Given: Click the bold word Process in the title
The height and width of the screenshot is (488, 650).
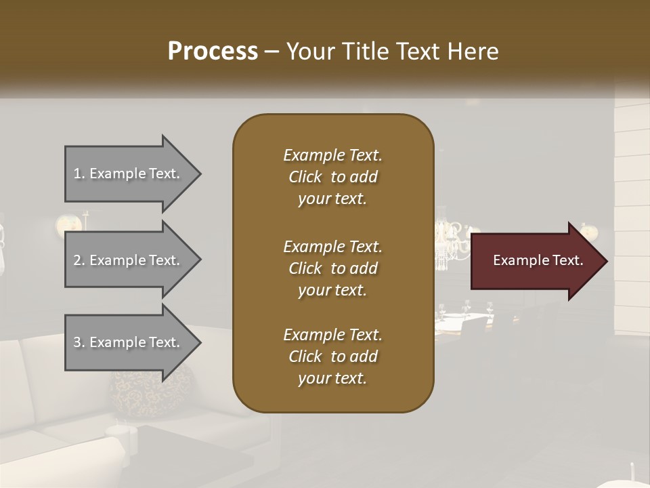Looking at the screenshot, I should (x=213, y=52).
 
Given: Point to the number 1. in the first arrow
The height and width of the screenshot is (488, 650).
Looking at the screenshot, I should (x=79, y=174).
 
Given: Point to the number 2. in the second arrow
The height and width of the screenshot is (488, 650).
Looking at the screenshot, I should (x=79, y=260).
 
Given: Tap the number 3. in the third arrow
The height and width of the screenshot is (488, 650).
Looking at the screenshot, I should (x=79, y=342).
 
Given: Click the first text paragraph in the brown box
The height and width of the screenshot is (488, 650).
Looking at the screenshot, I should (x=332, y=177).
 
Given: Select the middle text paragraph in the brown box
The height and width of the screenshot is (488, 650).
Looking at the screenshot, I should (x=332, y=268).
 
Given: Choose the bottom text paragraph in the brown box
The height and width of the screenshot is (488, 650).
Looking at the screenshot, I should (x=332, y=357).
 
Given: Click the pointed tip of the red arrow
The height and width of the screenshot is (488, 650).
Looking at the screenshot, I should (x=605, y=261).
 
